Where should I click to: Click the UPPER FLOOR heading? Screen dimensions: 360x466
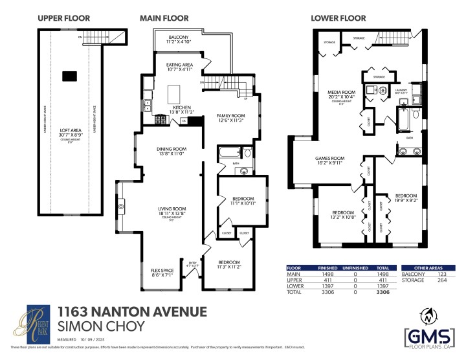63,18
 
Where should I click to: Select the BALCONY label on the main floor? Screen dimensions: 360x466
178,38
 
